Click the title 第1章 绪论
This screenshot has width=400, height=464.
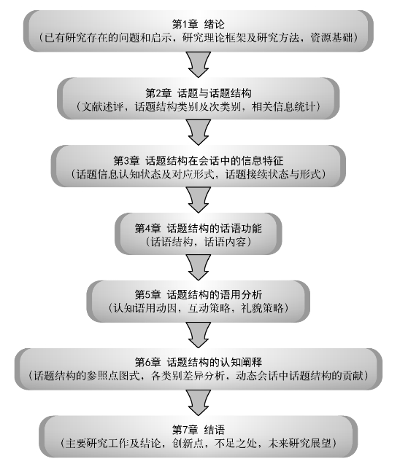click(198, 24)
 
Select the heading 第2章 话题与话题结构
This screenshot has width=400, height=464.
click(198, 93)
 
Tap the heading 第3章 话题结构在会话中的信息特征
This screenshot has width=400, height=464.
click(198, 161)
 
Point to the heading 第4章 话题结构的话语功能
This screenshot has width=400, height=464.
click(198, 228)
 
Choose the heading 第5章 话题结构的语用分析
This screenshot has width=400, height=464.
click(198, 294)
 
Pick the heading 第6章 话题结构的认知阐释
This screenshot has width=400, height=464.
click(198, 362)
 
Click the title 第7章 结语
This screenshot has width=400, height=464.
click(198, 429)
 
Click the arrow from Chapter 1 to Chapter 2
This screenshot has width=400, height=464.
click(199, 65)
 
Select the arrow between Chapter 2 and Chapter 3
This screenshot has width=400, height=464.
click(199, 132)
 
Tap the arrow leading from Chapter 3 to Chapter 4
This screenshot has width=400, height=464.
click(199, 200)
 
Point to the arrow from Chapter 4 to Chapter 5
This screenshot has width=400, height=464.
click(199, 267)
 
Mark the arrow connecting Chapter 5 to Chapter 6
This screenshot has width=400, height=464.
click(199, 334)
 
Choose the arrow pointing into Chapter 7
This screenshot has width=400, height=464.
click(199, 402)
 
